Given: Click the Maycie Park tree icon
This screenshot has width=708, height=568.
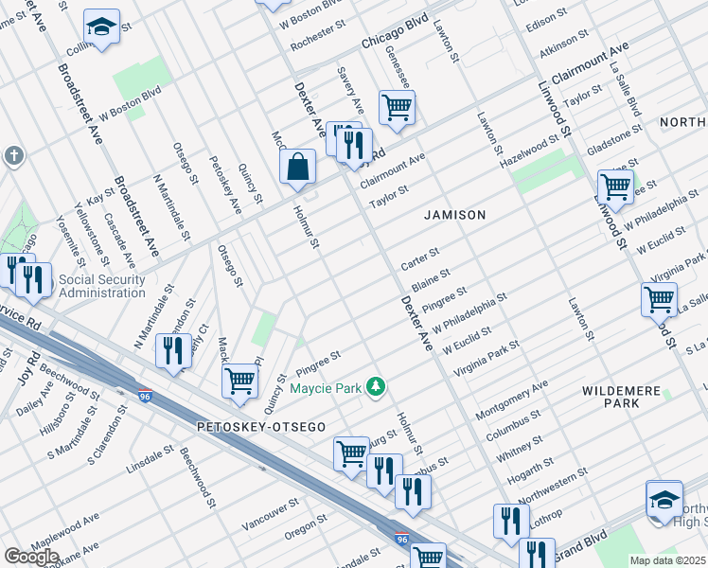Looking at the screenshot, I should pos(377,386).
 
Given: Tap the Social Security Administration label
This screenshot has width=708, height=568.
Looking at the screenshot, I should pos(102,286).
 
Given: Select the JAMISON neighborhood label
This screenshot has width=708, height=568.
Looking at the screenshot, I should pos(454,215).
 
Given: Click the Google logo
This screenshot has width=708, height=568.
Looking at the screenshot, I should pos(30,557).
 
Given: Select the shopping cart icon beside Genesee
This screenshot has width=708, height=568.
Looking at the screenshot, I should pos(397,106).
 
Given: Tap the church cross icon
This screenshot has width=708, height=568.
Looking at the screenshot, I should pos(13,155).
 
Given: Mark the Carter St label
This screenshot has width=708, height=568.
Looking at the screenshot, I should pos(420,258).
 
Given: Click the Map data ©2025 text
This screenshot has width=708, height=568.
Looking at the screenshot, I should pos(667,560).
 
